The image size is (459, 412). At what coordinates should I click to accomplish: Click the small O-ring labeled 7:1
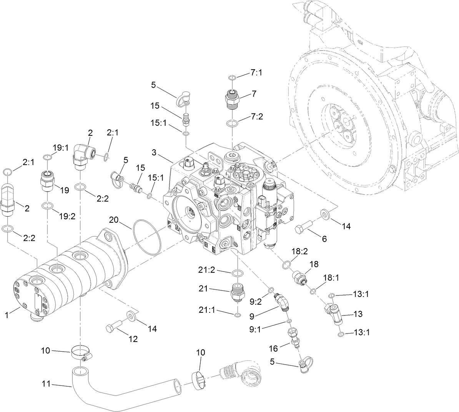231,78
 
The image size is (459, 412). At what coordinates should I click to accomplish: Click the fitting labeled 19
47,181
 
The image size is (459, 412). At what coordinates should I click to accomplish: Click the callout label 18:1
331,277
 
